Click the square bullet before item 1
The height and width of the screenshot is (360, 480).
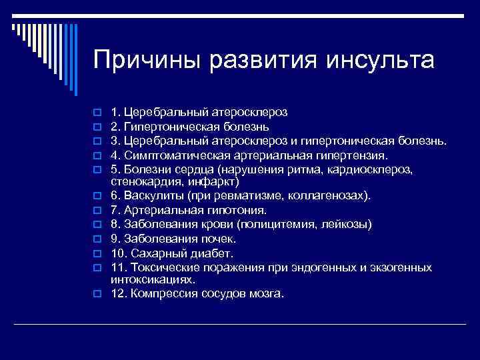tap(97, 111)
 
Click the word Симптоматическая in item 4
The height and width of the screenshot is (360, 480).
tap(176, 155)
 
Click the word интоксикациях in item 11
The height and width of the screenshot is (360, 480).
tap(153, 279)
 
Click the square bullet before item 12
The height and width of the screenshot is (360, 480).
tap(97, 294)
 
